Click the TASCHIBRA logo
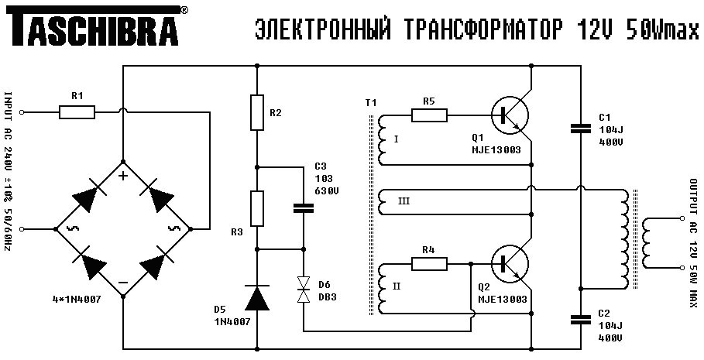(x=96, y=29)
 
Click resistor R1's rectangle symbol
(x=77, y=113)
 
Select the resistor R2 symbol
(x=257, y=113)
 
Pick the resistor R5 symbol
(x=429, y=115)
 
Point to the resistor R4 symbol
(x=429, y=264)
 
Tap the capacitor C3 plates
(x=303, y=207)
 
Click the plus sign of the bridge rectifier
(x=122, y=176)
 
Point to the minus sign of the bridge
(x=122, y=284)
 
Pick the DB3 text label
(x=328, y=297)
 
